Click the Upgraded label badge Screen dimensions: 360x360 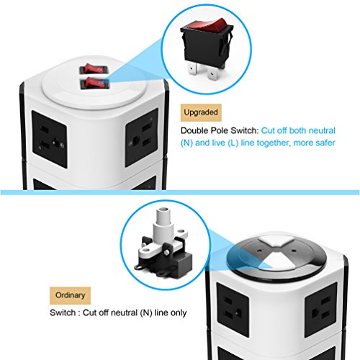click(201, 112)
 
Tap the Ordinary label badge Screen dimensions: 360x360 click(70, 295)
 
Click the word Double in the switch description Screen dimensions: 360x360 click(194, 130)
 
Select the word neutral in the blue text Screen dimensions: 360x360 click(322, 130)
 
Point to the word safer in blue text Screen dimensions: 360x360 click(325, 143)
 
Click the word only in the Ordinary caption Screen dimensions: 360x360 click(179, 313)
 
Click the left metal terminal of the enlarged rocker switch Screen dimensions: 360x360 click(193, 68)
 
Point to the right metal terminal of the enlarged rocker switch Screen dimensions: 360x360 click(212, 73)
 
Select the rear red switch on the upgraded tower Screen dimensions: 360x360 click(94, 69)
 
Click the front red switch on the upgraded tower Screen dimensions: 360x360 click(94, 83)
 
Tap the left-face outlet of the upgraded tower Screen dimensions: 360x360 click(50, 139)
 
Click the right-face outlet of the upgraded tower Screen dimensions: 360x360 click(142, 138)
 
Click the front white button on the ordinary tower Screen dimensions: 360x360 click(279, 262)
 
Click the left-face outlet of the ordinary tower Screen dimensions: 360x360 click(233, 310)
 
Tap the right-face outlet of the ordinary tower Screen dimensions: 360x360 click(321, 310)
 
